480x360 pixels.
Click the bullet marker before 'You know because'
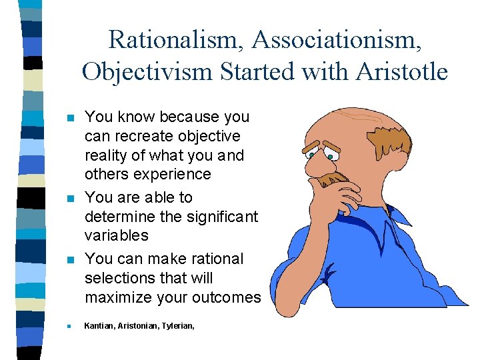click(x=69, y=118)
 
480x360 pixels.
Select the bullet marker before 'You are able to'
click(x=69, y=199)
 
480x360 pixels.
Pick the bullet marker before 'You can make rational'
click(x=69, y=260)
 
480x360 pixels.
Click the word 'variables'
click(x=116, y=235)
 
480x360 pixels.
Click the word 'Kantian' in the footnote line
click(x=99, y=327)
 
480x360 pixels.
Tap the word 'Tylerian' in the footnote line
click(x=177, y=327)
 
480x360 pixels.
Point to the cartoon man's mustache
click(x=333, y=178)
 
